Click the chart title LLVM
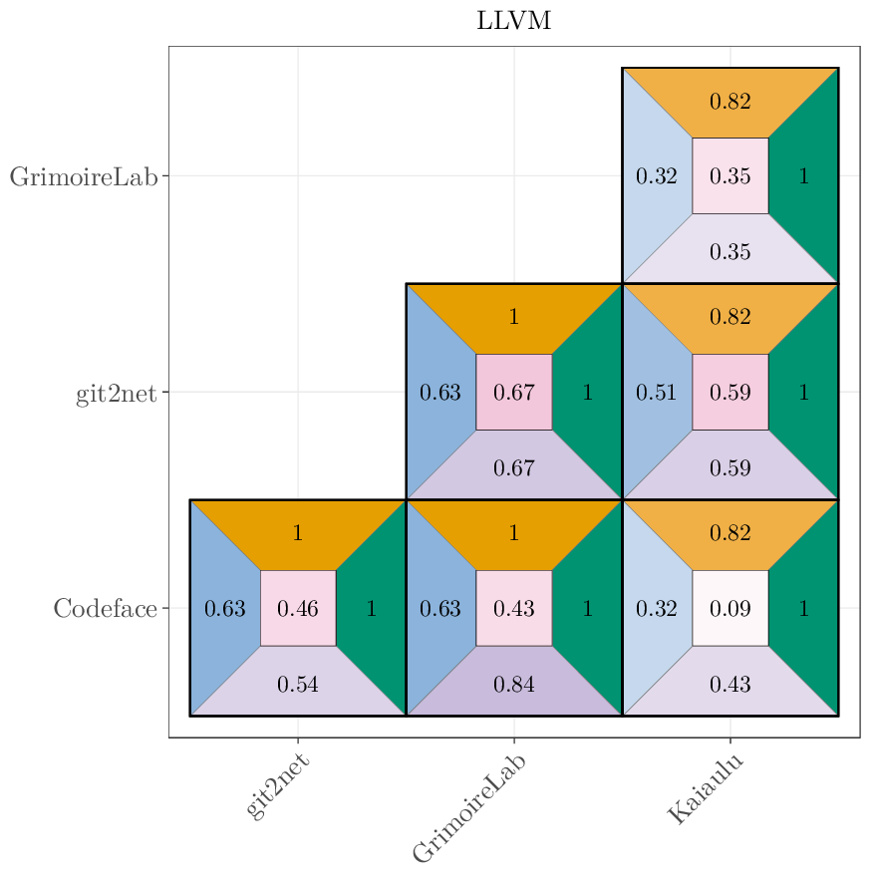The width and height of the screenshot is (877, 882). pyautogui.click(x=513, y=21)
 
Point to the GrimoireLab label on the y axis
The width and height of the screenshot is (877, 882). pyautogui.click(x=84, y=177)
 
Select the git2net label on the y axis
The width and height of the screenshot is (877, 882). pyautogui.click(x=117, y=394)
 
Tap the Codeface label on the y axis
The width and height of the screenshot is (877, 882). pyautogui.click(x=105, y=609)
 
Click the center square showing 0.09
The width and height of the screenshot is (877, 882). pyautogui.click(x=731, y=608)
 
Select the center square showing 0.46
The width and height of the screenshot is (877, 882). pyautogui.click(x=298, y=608)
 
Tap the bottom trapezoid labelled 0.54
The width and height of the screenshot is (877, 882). pyautogui.click(x=298, y=685)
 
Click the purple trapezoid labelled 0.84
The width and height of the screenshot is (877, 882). pyautogui.click(x=514, y=685)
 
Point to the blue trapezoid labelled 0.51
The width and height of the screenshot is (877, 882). pyautogui.click(x=656, y=393)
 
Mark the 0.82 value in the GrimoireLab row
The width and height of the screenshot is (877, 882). pyautogui.click(x=731, y=101)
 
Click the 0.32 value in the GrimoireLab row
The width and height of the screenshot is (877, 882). pyautogui.click(x=656, y=176)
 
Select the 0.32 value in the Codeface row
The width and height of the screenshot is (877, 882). pyautogui.click(x=656, y=608)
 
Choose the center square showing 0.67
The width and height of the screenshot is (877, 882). pyautogui.click(x=514, y=393)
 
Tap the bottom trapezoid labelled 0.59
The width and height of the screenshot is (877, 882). pyautogui.click(x=731, y=468)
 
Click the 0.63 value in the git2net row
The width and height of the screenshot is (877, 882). pyautogui.click(x=439, y=393)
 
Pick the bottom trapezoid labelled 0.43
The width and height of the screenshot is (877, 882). pyautogui.click(x=731, y=685)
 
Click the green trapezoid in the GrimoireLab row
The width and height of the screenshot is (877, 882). pyautogui.click(x=804, y=176)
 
